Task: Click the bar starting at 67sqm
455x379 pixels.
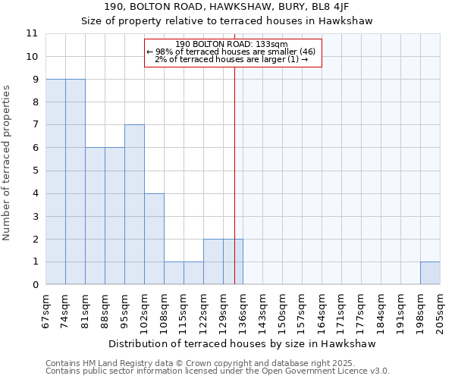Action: (x=55, y=182)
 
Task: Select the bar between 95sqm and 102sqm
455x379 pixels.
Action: (x=134, y=205)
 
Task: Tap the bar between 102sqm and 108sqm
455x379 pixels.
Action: (x=154, y=239)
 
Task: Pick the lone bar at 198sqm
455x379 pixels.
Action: (x=430, y=273)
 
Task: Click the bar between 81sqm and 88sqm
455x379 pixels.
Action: (x=95, y=216)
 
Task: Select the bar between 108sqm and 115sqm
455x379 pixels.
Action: (x=174, y=273)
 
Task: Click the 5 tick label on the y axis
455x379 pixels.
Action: (x=34, y=171)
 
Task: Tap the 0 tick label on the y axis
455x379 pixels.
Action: (x=34, y=285)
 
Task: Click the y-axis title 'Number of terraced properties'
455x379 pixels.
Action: (x=7, y=163)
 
